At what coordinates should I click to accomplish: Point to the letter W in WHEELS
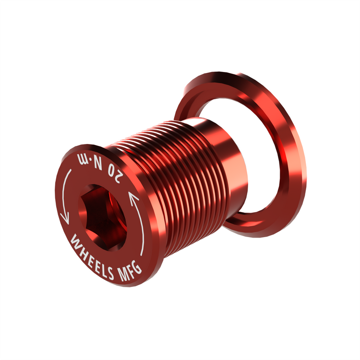point(75,240)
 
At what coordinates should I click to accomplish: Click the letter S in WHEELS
point(109,273)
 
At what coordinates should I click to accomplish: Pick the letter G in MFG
point(137,267)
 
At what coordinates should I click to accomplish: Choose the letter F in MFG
point(130,272)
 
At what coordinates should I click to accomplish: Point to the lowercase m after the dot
point(83,158)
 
